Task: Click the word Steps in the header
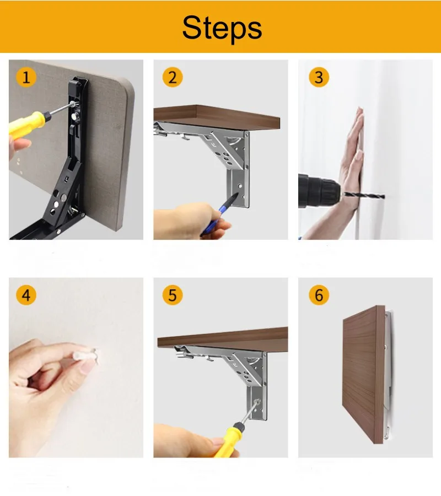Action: click(x=222, y=27)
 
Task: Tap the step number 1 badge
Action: click(x=26, y=77)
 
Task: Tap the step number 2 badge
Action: click(x=171, y=77)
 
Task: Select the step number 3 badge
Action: click(x=318, y=77)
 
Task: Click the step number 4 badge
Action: click(x=26, y=295)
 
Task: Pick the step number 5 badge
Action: click(x=171, y=295)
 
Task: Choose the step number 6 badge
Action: click(x=318, y=295)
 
